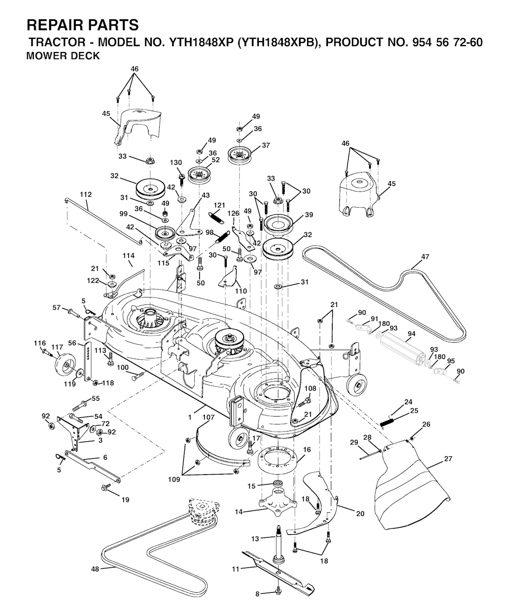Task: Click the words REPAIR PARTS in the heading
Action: pos(82,24)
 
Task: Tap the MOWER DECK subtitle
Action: pos(63,56)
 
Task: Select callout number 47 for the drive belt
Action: pos(425,256)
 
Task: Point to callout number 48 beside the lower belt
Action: pos(95,569)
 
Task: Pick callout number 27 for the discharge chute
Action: pos(448,459)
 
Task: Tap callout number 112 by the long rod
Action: pos(85,194)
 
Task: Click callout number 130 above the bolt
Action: pos(176,163)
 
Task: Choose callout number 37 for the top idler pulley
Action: pos(266,145)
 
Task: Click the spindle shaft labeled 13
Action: pos(277,545)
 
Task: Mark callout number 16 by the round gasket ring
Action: pos(307,449)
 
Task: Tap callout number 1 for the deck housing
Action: pos(190,418)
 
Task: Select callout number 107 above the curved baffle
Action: pos(208,418)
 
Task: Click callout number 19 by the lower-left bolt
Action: pos(126,500)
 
